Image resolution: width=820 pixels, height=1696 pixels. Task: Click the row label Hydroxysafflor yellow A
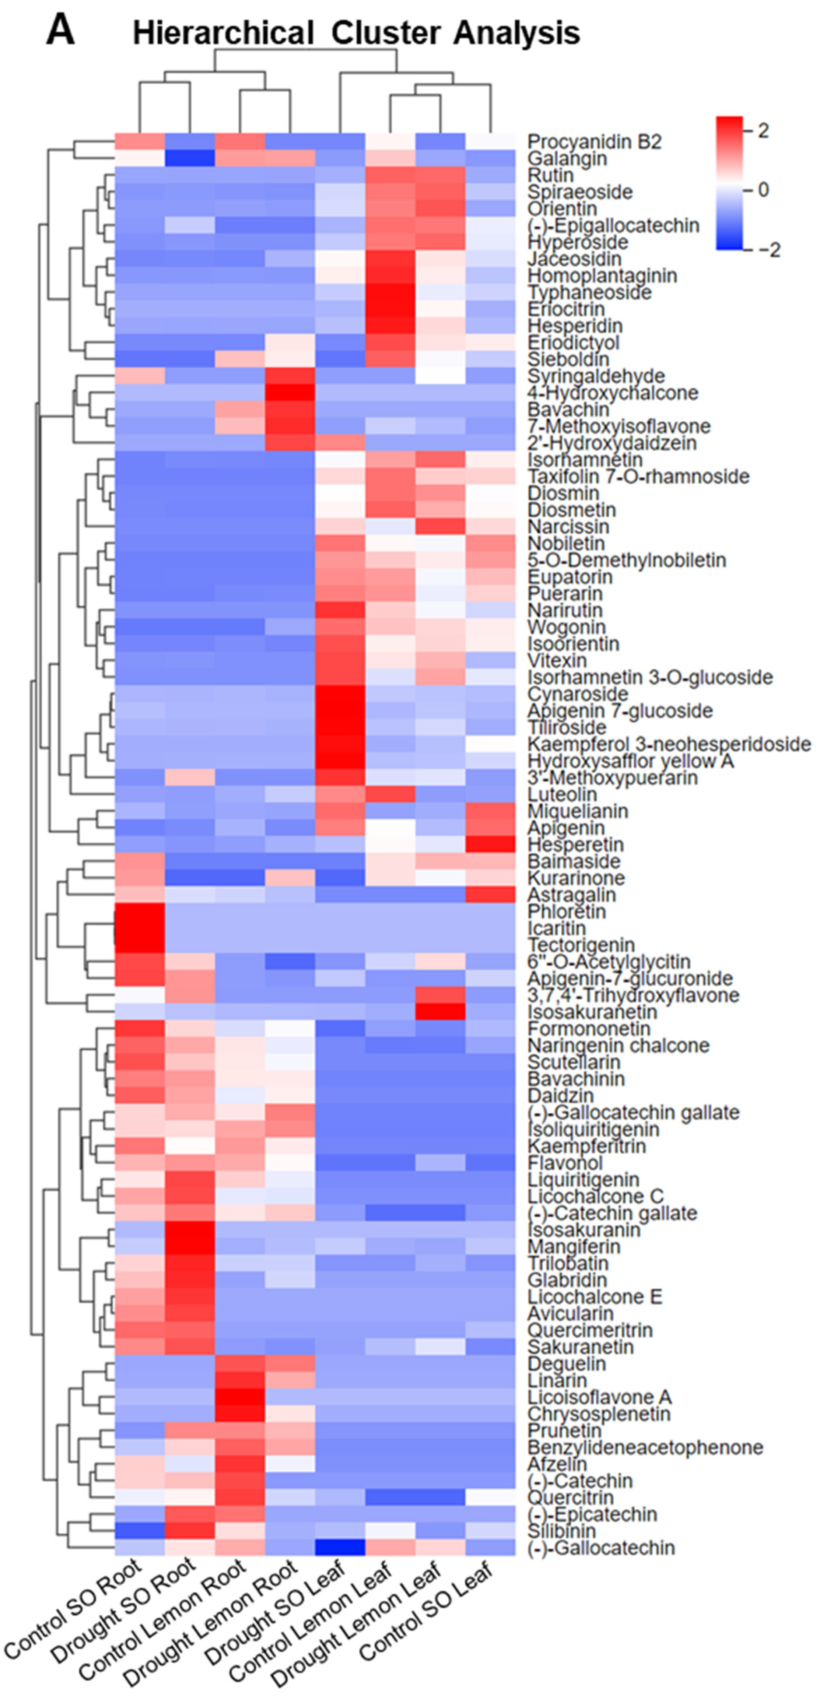coord(630,761)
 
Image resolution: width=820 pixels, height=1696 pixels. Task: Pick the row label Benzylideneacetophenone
coord(645,1447)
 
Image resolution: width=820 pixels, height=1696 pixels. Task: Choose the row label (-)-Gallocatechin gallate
coord(633,1113)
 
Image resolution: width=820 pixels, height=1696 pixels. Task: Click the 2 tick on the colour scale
coord(763,130)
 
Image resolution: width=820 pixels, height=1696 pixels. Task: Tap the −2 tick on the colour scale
coord(769,250)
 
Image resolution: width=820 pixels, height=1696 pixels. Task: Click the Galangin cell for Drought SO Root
coord(190,159)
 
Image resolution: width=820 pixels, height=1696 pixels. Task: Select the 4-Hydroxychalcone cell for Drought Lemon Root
coord(290,393)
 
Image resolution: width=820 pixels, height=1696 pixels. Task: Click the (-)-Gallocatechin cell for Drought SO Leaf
coord(340,1547)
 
